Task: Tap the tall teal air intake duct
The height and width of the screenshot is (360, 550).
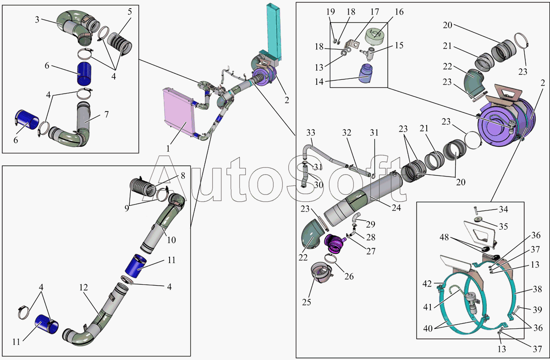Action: (274, 32)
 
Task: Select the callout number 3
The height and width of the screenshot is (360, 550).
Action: (37, 20)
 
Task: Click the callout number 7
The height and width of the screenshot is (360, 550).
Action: (106, 114)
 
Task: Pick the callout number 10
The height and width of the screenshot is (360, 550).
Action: (171, 239)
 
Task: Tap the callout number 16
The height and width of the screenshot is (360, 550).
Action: (399, 12)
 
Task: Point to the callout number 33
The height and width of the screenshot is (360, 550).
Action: (311, 133)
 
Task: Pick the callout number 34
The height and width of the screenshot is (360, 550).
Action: (504, 210)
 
